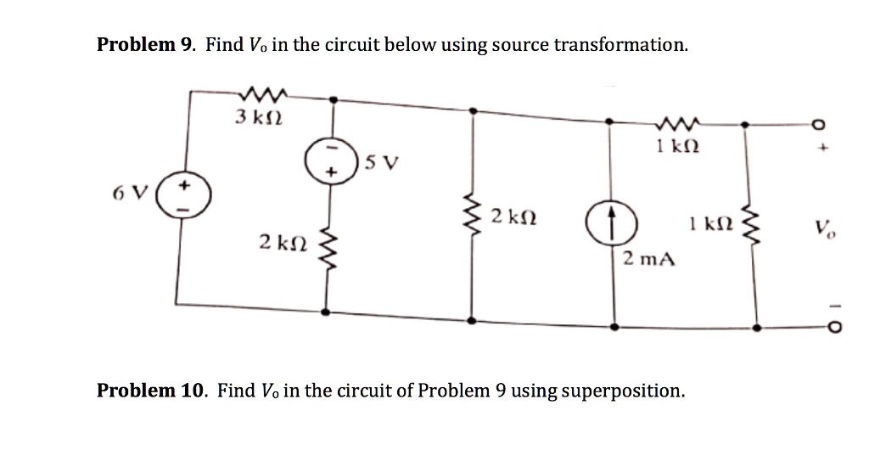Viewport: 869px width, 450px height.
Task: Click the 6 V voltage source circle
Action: pyautogui.click(x=182, y=197)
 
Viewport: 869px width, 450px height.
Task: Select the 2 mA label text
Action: pyautogui.click(x=648, y=258)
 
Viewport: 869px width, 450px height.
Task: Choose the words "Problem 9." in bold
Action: pyautogui.click(x=147, y=45)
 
